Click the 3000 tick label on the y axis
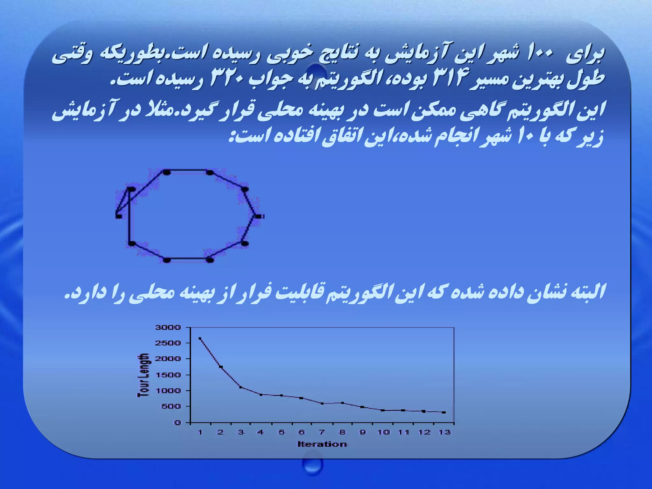pos(168,327)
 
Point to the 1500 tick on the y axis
pos(168,375)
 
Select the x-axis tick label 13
pos(445,432)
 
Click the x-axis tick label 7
pos(322,432)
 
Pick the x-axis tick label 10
pos(384,432)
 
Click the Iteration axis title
pos(322,444)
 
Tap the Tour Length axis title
pos(143,375)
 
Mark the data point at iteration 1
pos(200,338)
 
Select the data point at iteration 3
pos(241,387)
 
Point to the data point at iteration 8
pos(343,403)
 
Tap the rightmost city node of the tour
pos(259,216)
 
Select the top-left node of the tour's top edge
pos(167,172)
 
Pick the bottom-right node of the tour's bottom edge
pos(210,260)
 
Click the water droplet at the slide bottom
pos(312,465)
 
